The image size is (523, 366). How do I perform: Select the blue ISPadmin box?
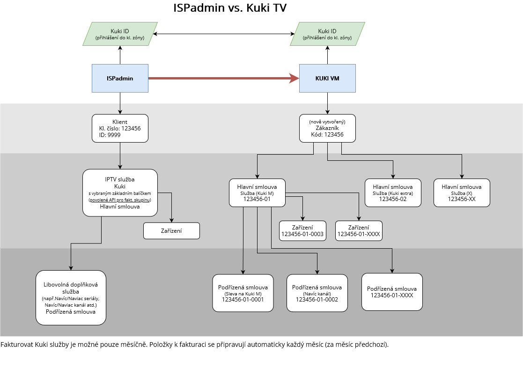[x=120, y=78]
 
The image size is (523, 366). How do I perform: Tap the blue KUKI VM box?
[x=327, y=78]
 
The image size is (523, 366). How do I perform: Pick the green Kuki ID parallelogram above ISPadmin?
[x=120, y=34]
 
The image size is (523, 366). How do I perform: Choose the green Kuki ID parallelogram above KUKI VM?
[x=327, y=34]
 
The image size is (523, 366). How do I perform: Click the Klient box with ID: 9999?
[x=120, y=128]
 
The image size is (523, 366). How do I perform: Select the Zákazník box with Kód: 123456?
[x=327, y=128]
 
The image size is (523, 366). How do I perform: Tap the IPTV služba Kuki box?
[x=120, y=193]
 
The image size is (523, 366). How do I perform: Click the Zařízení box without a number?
[x=171, y=231]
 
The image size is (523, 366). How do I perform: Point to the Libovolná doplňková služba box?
[x=71, y=297]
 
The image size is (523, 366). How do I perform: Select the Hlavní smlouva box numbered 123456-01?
[x=257, y=193]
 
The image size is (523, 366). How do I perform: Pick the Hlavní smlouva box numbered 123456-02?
[x=393, y=193]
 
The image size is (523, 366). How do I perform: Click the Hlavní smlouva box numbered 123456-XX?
[x=462, y=193]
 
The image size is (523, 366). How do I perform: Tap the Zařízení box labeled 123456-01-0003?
[x=302, y=231]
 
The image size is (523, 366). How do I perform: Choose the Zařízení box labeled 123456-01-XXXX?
[x=359, y=231]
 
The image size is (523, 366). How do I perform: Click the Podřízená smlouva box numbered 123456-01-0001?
[x=243, y=293]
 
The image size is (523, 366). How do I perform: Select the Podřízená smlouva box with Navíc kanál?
[x=317, y=293]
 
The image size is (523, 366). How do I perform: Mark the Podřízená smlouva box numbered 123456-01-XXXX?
[x=392, y=292]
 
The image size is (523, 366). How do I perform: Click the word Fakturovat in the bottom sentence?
[x=17, y=345]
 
